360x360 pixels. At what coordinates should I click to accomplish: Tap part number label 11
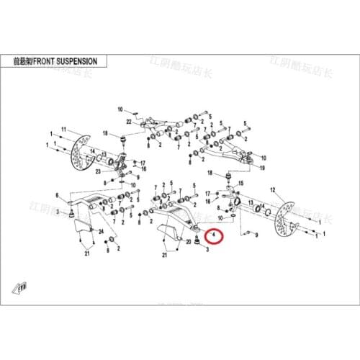pyautogui.click(x=63, y=129)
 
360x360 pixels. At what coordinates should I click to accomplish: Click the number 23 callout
pyautogui.click(x=98, y=172)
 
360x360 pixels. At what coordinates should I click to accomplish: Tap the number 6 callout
pyautogui.click(x=58, y=195)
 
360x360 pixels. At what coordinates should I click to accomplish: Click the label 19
pyautogui.click(x=261, y=168)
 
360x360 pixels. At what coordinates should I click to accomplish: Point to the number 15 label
pyautogui.click(x=240, y=184)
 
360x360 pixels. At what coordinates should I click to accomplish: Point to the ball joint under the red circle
pyautogui.click(x=197, y=238)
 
